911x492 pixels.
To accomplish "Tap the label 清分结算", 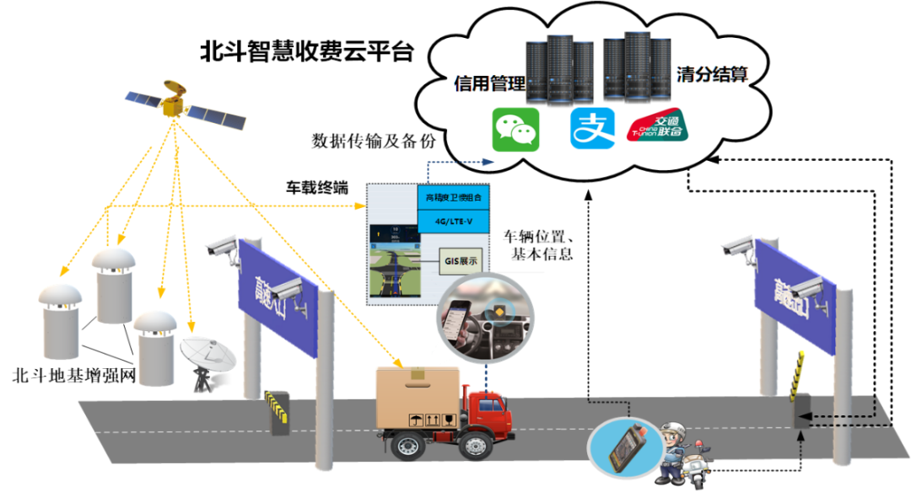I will (712, 74).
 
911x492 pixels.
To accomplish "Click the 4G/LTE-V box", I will (453, 222).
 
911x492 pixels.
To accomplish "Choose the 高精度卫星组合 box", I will (453, 198).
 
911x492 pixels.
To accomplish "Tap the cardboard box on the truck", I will (418, 398).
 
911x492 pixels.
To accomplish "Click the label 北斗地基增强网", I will (75, 373).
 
